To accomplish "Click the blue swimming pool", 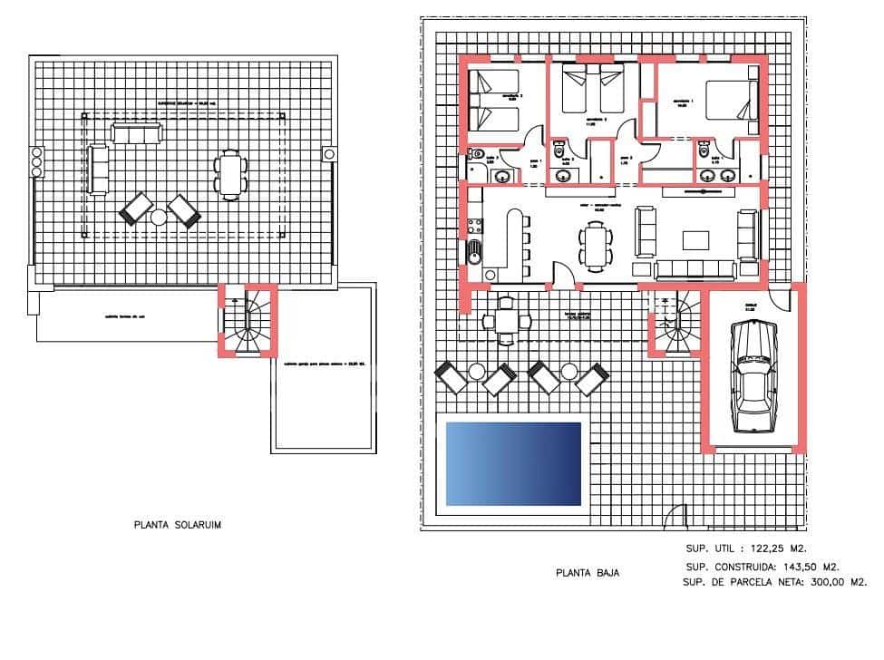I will click(513, 462).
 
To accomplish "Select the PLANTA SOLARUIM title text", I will click(178, 524).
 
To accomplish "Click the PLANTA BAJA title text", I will click(588, 573).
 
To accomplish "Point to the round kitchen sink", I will click(474, 250).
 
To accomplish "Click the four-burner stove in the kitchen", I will click(472, 223).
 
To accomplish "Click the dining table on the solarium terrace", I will click(231, 174).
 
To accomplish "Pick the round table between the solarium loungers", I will click(160, 217).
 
